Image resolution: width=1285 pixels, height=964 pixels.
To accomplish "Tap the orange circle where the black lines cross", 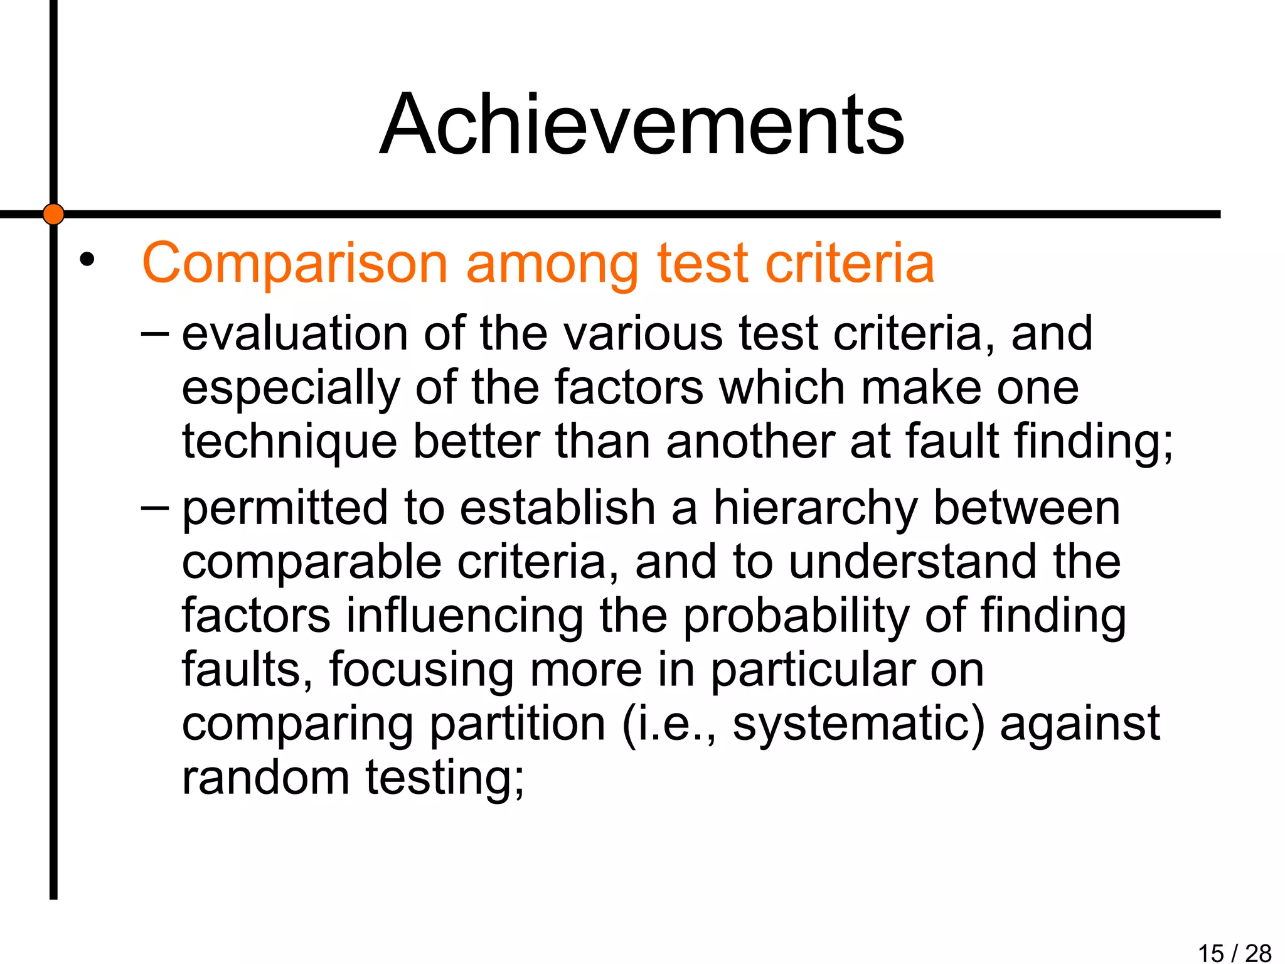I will (x=53, y=214).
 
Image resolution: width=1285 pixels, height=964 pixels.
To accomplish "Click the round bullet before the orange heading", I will (x=87, y=259).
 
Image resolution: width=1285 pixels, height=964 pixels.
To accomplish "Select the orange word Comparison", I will (x=295, y=264).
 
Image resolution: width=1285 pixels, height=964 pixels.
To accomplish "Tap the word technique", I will (x=289, y=442).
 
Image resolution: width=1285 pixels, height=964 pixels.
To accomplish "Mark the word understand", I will (x=913, y=562).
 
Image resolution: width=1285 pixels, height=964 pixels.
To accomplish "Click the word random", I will (x=265, y=777).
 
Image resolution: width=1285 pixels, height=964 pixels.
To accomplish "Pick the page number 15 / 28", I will (x=1234, y=953).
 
